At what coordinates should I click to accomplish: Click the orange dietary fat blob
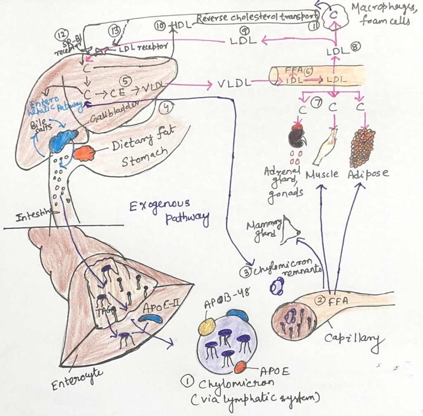(84, 153)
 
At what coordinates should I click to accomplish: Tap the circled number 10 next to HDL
(162, 26)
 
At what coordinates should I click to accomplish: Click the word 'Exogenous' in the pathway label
(160, 205)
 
